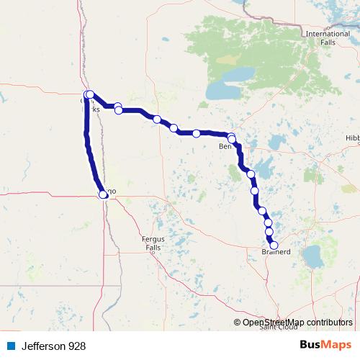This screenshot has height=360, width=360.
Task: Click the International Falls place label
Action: (328, 38)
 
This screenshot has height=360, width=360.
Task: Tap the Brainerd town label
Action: (276, 253)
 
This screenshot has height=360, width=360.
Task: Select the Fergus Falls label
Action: (153, 242)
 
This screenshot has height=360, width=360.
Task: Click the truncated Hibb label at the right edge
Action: (352, 137)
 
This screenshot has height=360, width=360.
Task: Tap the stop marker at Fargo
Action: (103, 194)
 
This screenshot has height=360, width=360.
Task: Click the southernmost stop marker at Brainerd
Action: (274, 245)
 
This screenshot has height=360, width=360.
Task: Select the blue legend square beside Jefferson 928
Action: (11, 346)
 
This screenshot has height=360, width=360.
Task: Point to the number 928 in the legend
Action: (77, 346)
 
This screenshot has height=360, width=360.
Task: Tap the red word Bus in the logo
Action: (311, 345)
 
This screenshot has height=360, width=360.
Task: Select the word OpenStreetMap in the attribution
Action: (276, 323)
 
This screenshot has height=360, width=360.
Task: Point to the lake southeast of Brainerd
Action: (314, 255)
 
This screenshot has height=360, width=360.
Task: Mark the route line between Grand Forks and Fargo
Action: (91, 151)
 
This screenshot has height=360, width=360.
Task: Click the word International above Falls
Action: (328, 34)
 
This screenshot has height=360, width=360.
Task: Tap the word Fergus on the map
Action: (153, 238)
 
